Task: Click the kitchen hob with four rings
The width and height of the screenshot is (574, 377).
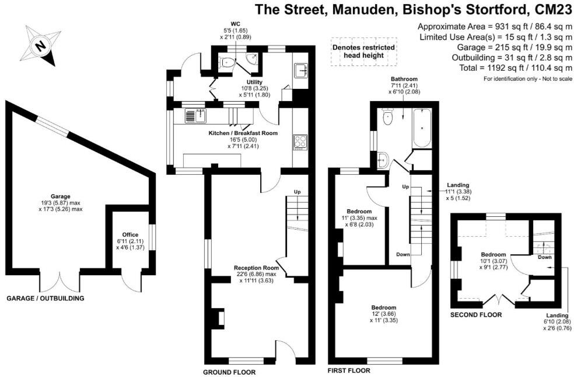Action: pyautogui.click(x=300, y=141)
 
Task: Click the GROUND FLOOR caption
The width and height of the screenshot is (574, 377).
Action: pyautogui.click(x=229, y=372)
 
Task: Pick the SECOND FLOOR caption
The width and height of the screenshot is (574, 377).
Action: pyautogui.click(x=476, y=314)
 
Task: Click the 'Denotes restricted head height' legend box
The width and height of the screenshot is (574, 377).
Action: pyautogui.click(x=363, y=51)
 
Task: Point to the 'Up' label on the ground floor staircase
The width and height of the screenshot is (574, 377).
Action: pyautogui.click(x=297, y=192)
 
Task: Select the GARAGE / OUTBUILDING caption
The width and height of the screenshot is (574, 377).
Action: pyautogui.click(x=45, y=298)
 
